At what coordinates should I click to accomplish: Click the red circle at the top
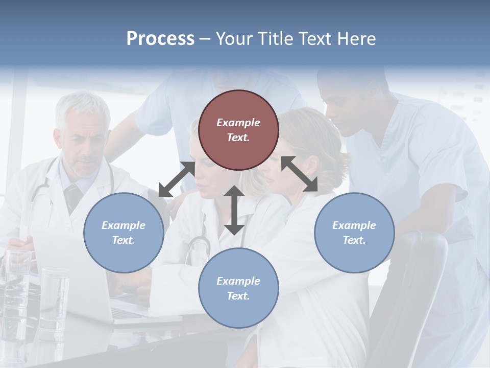[238, 130]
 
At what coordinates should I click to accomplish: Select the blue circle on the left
[124, 233]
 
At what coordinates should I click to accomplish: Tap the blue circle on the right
[354, 233]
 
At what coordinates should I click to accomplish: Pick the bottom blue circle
[238, 288]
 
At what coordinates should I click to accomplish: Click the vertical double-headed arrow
[234, 210]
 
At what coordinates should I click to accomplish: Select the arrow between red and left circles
[177, 179]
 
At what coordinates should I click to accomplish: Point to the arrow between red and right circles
[299, 174]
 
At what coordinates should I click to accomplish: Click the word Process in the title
[160, 38]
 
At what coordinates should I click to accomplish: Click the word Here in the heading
[357, 38]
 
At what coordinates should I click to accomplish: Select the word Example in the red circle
[238, 123]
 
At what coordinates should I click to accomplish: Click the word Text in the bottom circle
[237, 296]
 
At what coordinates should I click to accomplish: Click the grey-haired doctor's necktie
[72, 197]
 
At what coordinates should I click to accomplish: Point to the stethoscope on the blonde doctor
[198, 245]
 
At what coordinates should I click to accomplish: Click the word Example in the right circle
[354, 225]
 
